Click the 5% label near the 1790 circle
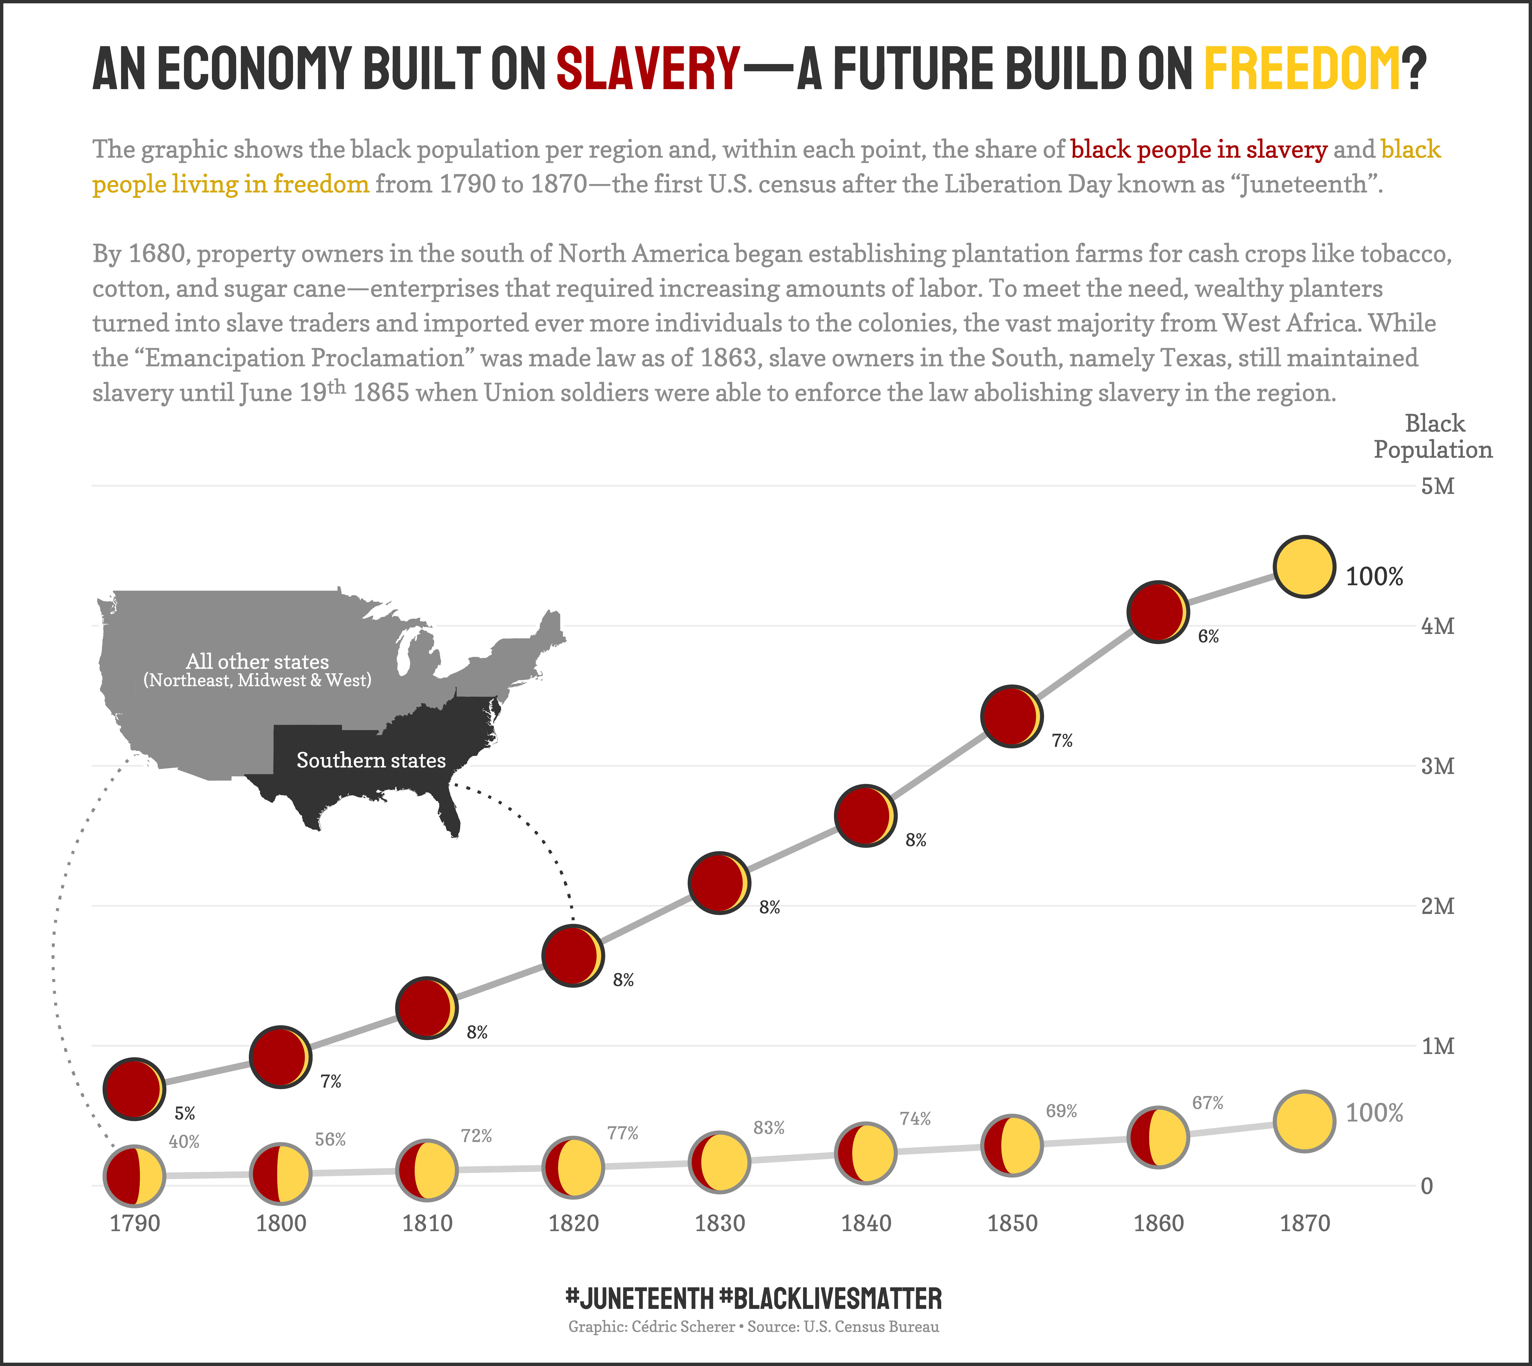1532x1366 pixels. tap(185, 1114)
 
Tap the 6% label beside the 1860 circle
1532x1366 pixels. tap(1208, 637)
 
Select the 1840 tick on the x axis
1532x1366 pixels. tap(866, 1223)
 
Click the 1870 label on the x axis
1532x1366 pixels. tap(1304, 1223)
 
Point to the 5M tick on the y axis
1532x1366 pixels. tap(1437, 486)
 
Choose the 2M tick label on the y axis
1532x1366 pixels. tap(1437, 906)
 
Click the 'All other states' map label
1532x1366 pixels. tap(257, 661)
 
